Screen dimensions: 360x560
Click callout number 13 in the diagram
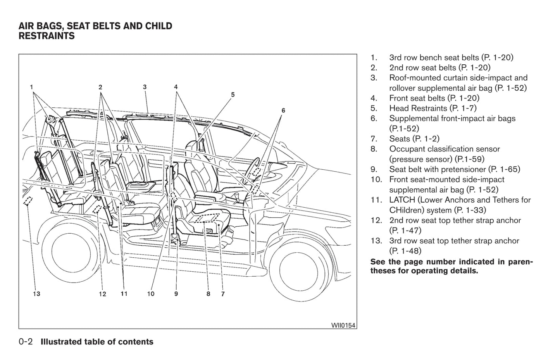(36, 294)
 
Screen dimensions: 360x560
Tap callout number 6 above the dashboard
(283, 110)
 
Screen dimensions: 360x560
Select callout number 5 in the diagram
(233, 95)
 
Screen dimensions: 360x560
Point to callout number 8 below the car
(208, 294)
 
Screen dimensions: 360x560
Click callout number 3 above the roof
(145, 87)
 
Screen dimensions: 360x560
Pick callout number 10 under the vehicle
(151, 294)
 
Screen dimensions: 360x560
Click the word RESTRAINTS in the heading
(47, 36)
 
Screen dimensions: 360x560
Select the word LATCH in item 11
(402, 200)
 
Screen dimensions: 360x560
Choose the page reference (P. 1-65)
(504, 169)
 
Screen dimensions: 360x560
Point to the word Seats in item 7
(399, 139)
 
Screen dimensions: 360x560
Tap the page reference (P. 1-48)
(405, 251)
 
